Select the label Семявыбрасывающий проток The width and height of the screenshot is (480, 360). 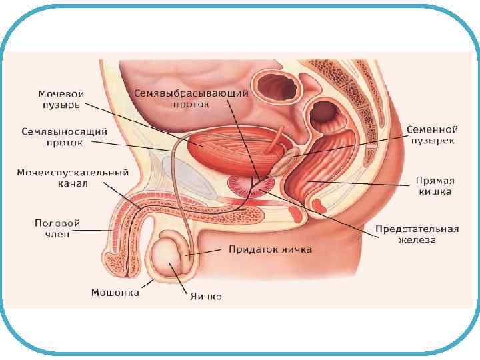tap(191, 99)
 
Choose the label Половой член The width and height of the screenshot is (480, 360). tap(57, 229)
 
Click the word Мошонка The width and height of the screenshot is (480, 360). tap(115, 292)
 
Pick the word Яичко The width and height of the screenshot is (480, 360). tap(206, 296)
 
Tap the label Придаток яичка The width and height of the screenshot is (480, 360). tap(270, 250)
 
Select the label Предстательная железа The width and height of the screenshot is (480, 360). tap(417, 234)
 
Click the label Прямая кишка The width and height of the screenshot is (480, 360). tap(435, 186)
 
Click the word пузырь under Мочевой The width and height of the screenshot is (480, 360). tap(59, 105)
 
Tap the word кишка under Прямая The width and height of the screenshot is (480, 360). tap(435, 192)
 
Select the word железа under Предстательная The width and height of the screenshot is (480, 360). tap(417, 240)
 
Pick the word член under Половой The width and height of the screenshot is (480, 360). tap(57, 235)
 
